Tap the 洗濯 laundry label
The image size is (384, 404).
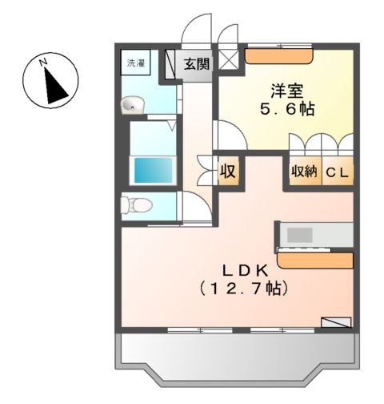pyautogui.click(x=133, y=62)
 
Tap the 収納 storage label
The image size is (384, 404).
pyautogui.click(x=304, y=172)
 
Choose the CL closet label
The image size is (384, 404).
pyautogui.click(x=338, y=172)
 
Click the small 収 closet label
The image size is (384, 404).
pyautogui.click(x=228, y=171)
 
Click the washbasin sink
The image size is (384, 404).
pyautogui.click(x=132, y=103)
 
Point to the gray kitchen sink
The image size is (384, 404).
pyautogui.click(x=301, y=234)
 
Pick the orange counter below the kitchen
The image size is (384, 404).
pyautogui.click(x=314, y=261)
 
